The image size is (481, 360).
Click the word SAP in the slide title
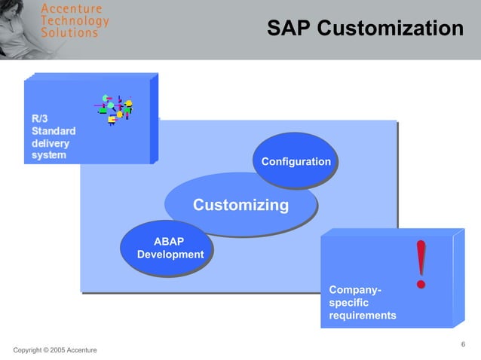[289, 29]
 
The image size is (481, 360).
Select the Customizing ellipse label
[240, 205]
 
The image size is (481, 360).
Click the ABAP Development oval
[170, 248]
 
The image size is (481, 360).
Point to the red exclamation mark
[421, 264]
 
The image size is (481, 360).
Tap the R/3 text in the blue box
[40, 118]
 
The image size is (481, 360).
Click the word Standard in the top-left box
[53, 130]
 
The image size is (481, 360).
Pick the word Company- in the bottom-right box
[355, 290]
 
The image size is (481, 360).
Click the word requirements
[363, 316]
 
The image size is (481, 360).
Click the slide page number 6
[463, 345]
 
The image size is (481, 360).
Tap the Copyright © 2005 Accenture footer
[55, 351]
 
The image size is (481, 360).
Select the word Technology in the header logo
[75, 20]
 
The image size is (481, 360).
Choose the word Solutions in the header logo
[69, 32]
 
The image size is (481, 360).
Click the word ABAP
[169, 241]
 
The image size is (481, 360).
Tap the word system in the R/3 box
[49, 155]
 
